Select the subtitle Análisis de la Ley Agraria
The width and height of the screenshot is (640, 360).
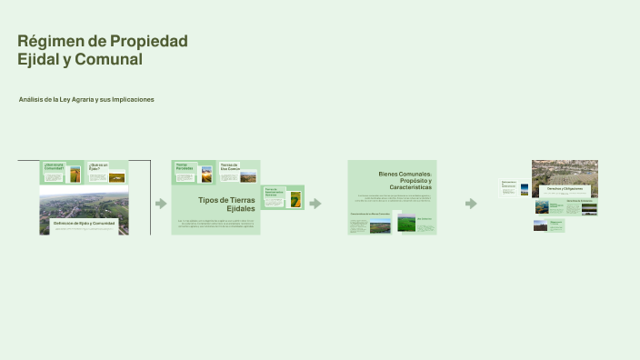[86, 99]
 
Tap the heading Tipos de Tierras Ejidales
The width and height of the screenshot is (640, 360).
[226, 204]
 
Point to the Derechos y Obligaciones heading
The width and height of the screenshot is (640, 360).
[565, 189]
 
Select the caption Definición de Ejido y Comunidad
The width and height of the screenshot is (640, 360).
[84, 223]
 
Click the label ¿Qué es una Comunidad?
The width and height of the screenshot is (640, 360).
[54, 166]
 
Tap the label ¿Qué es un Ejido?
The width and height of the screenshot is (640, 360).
[97, 166]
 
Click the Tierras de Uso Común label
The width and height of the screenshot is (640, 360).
[229, 167]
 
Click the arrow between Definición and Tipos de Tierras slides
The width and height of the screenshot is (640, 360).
[161, 204]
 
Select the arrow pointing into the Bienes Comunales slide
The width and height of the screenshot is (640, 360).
[315, 204]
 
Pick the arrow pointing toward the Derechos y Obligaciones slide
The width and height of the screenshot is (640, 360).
[471, 204]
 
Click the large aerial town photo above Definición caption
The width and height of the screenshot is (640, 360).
[84, 205]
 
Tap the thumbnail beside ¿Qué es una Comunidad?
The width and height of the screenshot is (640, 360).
[75, 174]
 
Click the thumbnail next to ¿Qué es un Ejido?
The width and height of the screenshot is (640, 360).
[116, 177]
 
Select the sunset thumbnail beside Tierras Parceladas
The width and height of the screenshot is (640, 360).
[206, 174]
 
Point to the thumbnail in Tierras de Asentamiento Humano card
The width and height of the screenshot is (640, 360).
[295, 199]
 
